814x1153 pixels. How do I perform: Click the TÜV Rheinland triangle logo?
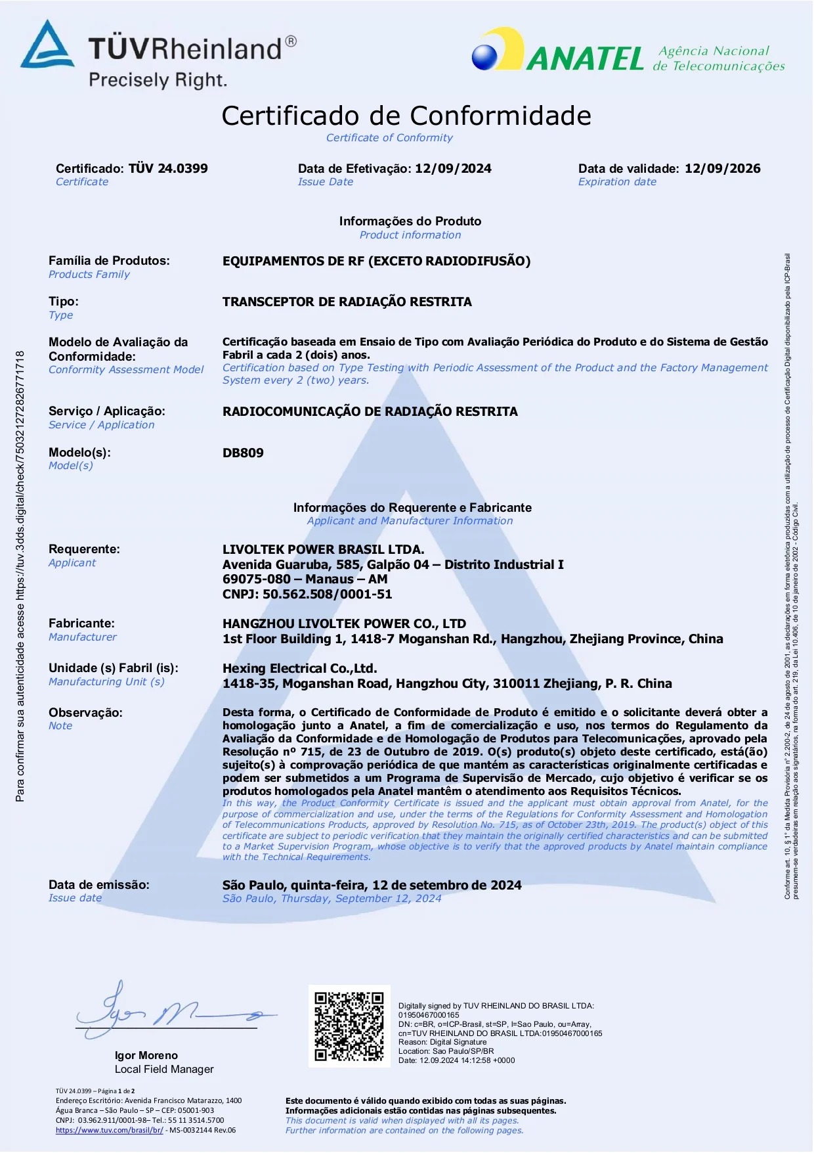click(x=47, y=46)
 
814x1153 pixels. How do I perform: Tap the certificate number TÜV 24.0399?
click(x=168, y=168)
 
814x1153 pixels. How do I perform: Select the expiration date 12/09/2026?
click(x=722, y=168)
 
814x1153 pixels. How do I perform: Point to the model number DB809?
click(x=243, y=453)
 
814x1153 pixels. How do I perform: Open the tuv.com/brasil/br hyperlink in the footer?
click(x=109, y=1130)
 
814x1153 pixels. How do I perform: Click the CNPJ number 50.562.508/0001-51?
click(x=327, y=594)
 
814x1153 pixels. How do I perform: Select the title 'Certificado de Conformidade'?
click(x=406, y=116)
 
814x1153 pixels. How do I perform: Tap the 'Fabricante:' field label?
click(x=81, y=623)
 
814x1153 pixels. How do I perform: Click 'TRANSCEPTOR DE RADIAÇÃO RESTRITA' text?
click(x=347, y=302)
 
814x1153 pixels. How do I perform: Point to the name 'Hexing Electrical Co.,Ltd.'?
click(x=299, y=668)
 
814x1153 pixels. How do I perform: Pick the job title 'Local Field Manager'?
click(x=164, y=1069)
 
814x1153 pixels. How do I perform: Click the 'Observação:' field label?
click(x=85, y=712)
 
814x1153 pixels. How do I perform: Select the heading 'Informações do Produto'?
click(x=410, y=221)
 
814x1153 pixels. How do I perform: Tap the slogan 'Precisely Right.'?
click(x=158, y=80)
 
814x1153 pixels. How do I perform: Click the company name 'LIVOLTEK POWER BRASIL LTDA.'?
click(x=323, y=549)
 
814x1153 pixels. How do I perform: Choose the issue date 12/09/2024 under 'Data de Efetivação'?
click(x=453, y=168)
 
